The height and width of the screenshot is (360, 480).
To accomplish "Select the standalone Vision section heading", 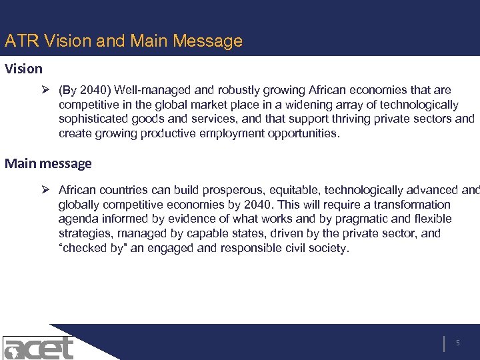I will (24, 69).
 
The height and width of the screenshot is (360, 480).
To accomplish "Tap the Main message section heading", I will (48, 163).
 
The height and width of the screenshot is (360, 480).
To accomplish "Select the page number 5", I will (458, 343).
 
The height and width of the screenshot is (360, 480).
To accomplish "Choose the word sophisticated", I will (92, 119).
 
